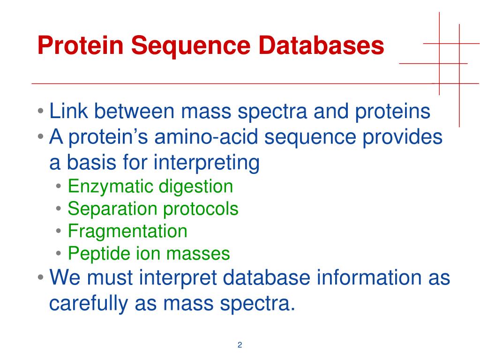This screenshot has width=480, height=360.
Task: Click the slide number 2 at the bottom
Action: point(240,345)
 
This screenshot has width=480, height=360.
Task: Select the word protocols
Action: point(201,209)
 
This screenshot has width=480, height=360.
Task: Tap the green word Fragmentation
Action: point(127,231)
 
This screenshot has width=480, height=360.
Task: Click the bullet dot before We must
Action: point(41,278)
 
